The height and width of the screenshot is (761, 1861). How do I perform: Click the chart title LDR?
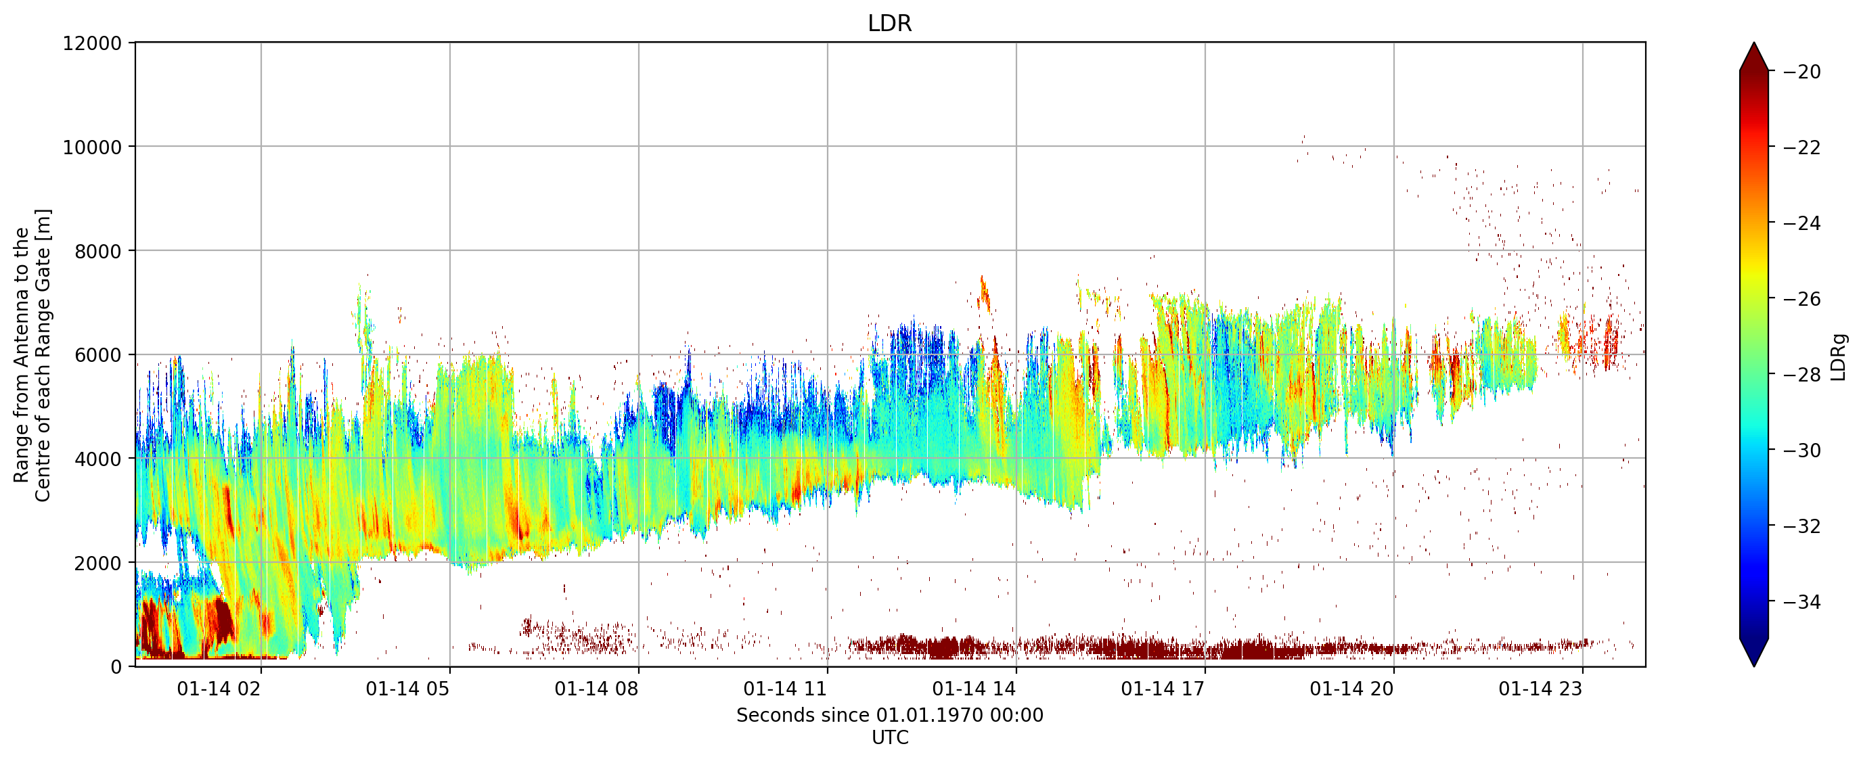click(x=889, y=23)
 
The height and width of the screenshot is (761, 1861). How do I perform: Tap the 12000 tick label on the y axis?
click(x=93, y=43)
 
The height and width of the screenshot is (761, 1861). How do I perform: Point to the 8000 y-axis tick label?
click(x=98, y=251)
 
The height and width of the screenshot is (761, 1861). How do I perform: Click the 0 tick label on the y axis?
click(x=116, y=667)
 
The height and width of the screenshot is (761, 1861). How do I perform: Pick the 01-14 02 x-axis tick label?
click(x=218, y=689)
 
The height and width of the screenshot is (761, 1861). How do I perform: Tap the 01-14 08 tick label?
click(x=596, y=689)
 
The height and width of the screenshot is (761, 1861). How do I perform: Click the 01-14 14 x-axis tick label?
click(x=974, y=689)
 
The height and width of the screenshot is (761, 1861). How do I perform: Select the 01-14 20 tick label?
click(x=1351, y=689)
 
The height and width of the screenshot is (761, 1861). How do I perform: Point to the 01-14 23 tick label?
click(x=1540, y=689)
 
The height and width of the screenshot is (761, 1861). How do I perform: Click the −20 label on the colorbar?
click(x=1801, y=72)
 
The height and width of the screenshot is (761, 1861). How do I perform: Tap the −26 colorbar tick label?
click(x=1801, y=298)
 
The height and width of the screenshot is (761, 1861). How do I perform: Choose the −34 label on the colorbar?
click(x=1801, y=601)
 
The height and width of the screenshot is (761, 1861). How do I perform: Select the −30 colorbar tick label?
click(x=1801, y=450)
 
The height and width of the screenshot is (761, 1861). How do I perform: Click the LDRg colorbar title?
click(x=1839, y=356)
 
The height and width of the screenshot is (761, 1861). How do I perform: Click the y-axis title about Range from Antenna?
click(x=32, y=355)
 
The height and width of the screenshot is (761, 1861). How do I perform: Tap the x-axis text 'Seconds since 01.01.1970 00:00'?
click(x=889, y=715)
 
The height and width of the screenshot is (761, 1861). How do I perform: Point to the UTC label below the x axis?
click(x=889, y=737)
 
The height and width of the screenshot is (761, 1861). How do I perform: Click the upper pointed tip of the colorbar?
click(x=1754, y=43)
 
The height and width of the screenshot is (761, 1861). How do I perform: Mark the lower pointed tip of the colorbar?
click(x=1754, y=666)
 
